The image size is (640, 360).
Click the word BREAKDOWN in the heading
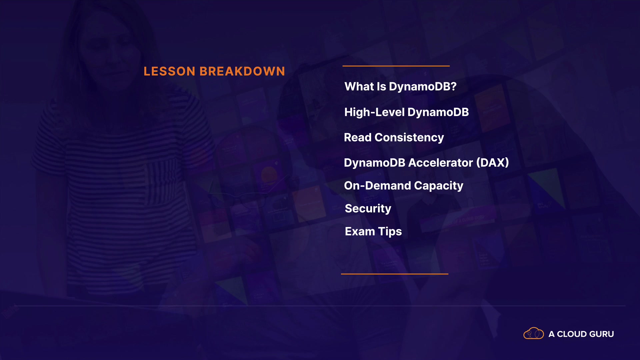242,71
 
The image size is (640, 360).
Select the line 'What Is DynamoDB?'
400,87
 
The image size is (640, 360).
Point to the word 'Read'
357,137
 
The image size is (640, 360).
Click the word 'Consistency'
409,138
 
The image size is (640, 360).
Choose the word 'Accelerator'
441,163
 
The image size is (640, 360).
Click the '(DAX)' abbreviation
493,163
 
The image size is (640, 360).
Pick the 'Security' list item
368,209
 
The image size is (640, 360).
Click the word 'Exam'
360,231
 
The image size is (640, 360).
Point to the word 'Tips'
390,232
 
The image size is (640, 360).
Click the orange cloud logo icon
534,333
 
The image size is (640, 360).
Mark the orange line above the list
396,66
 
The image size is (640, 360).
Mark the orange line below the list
395,274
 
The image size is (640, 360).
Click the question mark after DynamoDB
453,87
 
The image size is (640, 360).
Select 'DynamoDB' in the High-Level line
438,112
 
